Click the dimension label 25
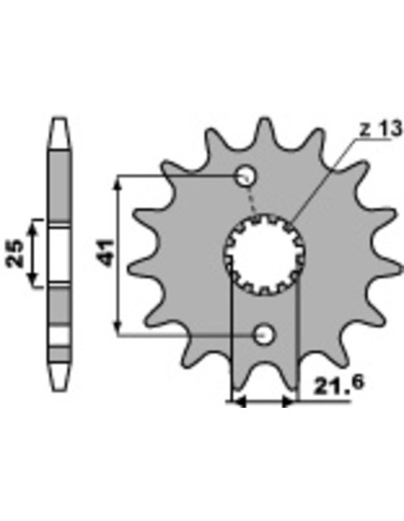[15, 253]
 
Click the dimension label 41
[107, 252]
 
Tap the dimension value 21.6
[339, 385]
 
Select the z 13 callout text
[381, 129]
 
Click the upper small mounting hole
[247, 176]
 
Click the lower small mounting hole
[265, 335]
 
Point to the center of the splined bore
[265, 254]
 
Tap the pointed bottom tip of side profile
[60, 390]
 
